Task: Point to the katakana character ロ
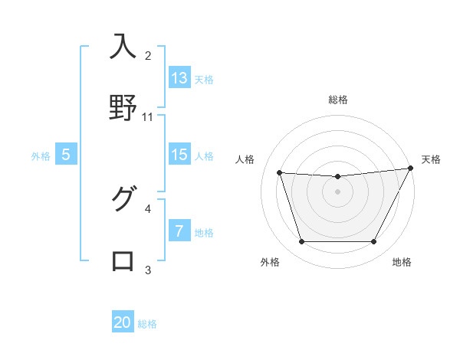(123, 260)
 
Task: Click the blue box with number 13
(179, 78)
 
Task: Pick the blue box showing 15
(179, 155)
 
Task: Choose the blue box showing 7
(179, 231)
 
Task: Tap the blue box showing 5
(65, 155)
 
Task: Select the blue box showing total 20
(123, 322)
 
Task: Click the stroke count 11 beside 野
(148, 117)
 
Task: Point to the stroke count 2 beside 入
(148, 56)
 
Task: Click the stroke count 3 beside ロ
(148, 270)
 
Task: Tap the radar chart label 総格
(338, 100)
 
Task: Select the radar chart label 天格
(431, 159)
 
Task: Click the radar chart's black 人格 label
(245, 159)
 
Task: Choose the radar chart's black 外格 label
(270, 262)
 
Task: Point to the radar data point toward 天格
(411, 169)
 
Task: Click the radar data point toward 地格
(374, 242)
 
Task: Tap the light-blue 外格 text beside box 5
(41, 156)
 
